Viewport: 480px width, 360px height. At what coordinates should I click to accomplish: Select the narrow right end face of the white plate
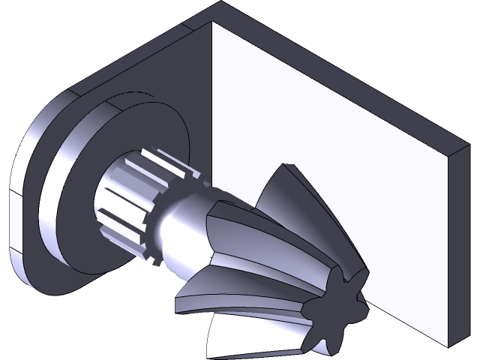[457, 247]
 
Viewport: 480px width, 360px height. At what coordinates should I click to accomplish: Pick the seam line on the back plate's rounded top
[71, 91]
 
